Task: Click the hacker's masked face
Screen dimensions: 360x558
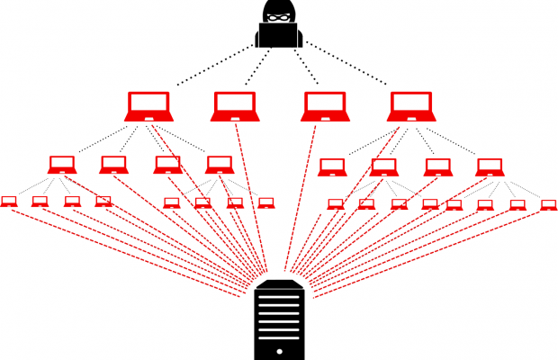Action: pyautogui.click(x=278, y=14)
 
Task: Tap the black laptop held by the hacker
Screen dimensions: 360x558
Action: pyautogui.click(x=278, y=35)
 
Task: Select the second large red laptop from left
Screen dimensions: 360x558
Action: pyautogui.click(x=234, y=105)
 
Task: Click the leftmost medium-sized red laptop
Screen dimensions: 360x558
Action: pyautogui.click(x=62, y=164)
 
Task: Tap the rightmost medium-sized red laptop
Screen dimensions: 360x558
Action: pyautogui.click(x=490, y=166)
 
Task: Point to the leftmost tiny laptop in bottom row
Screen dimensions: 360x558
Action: pyautogui.click(x=9, y=201)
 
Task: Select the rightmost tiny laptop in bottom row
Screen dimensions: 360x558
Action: pyautogui.click(x=548, y=204)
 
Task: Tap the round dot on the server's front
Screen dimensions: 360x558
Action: pyautogui.click(x=280, y=348)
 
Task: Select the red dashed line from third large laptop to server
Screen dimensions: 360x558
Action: pyautogui.click(x=301, y=198)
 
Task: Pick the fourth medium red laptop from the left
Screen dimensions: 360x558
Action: pyautogui.click(x=219, y=164)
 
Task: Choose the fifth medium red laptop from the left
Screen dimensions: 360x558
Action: pyautogui.click(x=331, y=166)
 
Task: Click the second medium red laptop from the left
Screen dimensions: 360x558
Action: pyautogui.click(x=113, y=164)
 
